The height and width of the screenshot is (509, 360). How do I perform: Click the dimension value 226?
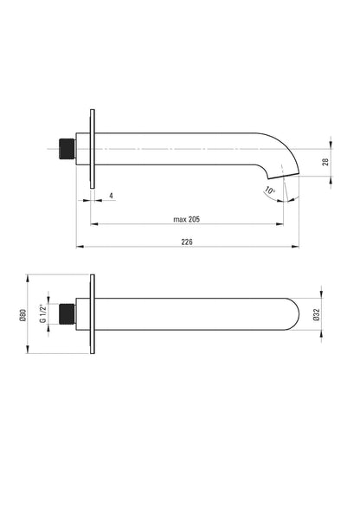point(187,242)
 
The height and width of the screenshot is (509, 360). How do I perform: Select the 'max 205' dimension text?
point(186,220)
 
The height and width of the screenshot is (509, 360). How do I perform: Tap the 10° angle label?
point(270,190)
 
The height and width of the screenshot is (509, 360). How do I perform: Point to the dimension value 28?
point(326,162)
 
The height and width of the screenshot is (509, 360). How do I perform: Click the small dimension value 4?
point(111,196)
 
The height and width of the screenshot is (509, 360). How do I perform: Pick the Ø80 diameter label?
point(22,315)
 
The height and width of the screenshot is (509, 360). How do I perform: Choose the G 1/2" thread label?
point(42,314)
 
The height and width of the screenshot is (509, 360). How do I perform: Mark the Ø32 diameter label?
point(317,314)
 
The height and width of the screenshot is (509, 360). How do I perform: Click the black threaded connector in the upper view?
point(67,149)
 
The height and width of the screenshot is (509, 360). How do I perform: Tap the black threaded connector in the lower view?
point(67,314)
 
